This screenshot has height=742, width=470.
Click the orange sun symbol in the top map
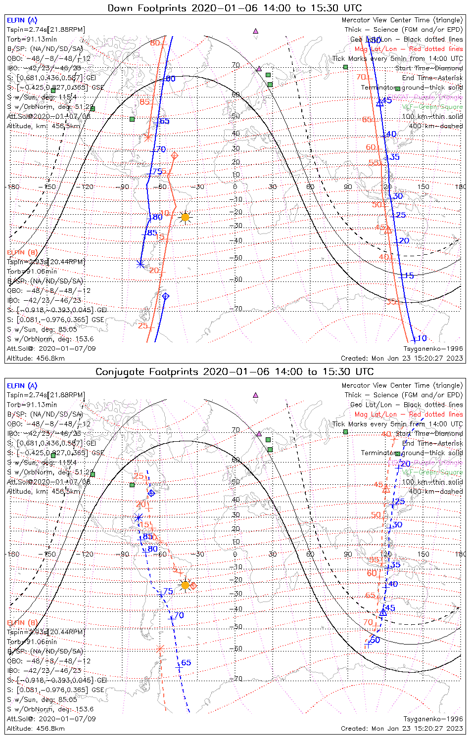pyautogui.click(x=185, y=217)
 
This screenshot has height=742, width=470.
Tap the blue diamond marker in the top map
pyautogui.click(x=166, y=296)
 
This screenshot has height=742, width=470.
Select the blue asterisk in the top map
pyautogui.click(x=141, y=264)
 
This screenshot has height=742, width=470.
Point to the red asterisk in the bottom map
pyautogui.click(x=159, y=649)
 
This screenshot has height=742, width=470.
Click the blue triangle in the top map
pyautogui.click(x=380, y=102)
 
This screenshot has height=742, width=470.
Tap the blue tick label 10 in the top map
pyautogui.click(x=422, y=338)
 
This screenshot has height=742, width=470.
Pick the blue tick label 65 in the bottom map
pyautogui.click(x=186, y=663)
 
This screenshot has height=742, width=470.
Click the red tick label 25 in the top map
pyautogui.click(x=142, y=325)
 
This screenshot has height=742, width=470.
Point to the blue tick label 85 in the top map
pyautogui.click(x=152, y=233)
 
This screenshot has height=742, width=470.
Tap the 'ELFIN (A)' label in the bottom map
pyautogui.click(x=22, y=385)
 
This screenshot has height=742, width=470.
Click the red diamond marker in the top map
pyautogui.click(x=174, y=156)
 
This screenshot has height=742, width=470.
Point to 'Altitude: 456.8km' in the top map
pyautogui.click(x=36, y=358)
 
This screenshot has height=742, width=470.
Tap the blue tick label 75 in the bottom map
pyautogui.click(x=168, y=592)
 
